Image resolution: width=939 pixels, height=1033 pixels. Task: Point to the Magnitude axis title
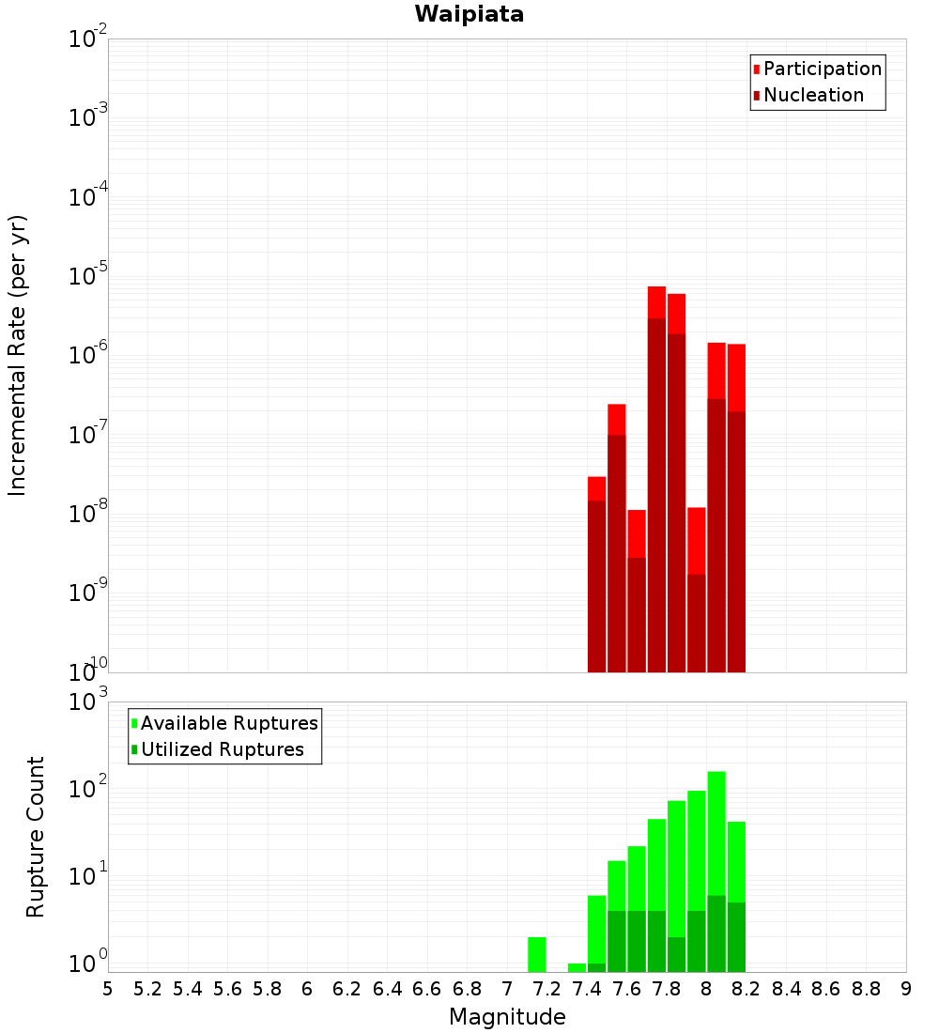tap(507, 1017)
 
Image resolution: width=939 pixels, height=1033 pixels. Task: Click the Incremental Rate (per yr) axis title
tap(18, 356)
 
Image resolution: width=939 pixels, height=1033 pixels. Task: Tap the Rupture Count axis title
tap(36, 837)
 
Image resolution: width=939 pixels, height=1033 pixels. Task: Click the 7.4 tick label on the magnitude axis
tap(587, 989)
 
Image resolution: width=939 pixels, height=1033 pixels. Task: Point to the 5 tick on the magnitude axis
tap(108, 989)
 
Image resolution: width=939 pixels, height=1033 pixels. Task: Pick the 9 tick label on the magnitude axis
tap(906, 989)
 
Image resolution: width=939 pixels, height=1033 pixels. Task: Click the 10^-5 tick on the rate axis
tap(88, 277)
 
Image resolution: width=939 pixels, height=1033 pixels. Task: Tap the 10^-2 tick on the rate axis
tap(88, 39)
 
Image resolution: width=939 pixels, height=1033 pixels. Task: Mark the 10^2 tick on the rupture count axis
tap(88, 789)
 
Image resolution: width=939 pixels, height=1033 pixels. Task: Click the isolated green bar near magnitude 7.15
tap(537, 954)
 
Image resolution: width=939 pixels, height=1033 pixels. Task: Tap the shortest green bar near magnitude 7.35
tap(577, 967)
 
